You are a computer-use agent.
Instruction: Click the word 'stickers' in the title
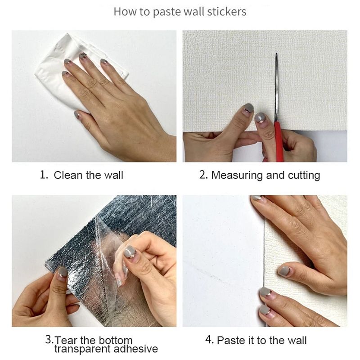coord(227,12)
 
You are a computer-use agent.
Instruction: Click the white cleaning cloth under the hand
coord(76,71)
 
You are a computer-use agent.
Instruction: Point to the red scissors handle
coord(278,142)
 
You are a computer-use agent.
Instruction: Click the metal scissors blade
coord(277,87)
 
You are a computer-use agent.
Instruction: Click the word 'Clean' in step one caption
coord(68,175)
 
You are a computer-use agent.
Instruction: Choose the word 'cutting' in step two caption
coord(304,175)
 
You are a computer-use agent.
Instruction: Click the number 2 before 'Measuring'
coord(203,175)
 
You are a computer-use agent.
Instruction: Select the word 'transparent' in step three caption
coord(82,349)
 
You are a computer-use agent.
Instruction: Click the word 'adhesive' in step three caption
coord(136,349)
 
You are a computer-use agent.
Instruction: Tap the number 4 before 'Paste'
coord(209,340)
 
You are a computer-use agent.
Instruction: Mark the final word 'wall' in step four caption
coord(297,340)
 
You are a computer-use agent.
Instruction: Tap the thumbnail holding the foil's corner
coord(62,273)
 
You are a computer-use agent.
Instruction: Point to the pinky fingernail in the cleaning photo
coord(77,114)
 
